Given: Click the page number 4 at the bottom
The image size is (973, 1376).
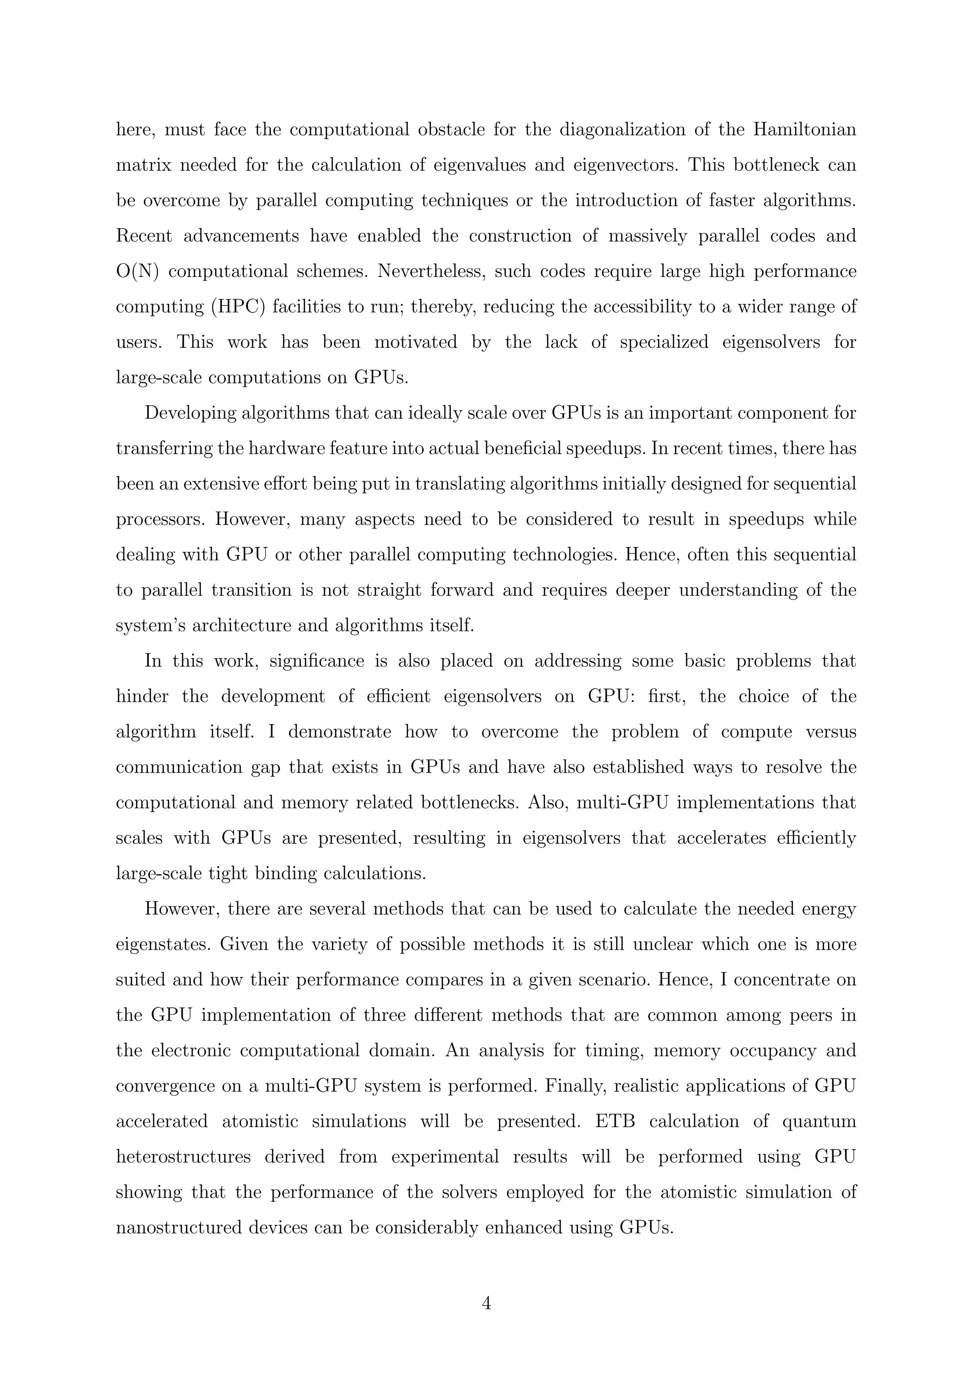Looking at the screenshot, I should pyautogui.click(x=486, y=1303).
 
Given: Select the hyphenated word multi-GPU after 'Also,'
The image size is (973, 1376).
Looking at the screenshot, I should pyautogui.click(x=622, y=803).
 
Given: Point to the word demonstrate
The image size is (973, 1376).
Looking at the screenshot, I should pyautogui.click(x=340, y=732).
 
